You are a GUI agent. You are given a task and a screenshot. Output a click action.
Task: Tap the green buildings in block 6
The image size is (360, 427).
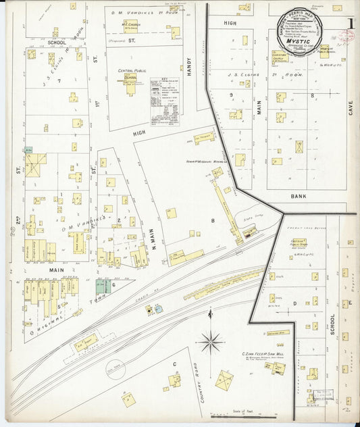[x=103, y=286]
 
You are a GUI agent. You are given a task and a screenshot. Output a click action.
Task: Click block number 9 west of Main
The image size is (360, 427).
[x=230, y=95]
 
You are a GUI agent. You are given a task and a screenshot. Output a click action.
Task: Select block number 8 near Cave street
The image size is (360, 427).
[x=312, y=95]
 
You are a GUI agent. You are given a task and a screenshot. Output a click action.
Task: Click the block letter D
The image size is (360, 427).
[x=294, y=304]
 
